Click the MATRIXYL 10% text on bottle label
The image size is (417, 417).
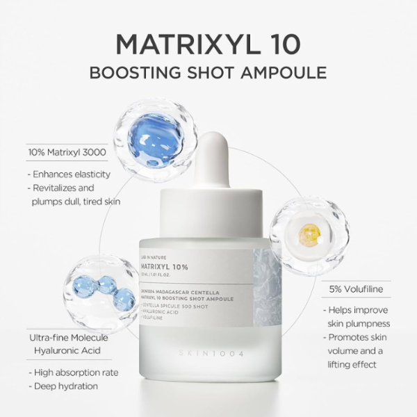[163, 266]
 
